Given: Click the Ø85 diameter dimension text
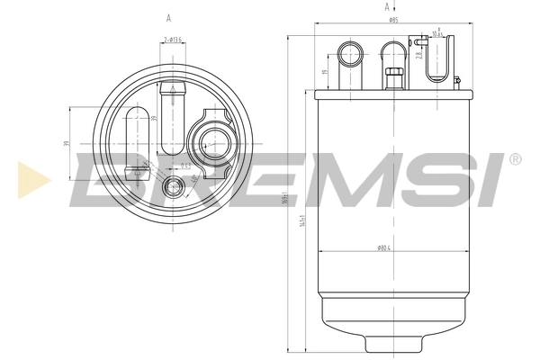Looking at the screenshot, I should pyautogui.click(x=394, y=20).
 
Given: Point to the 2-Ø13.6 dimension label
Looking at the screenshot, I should pyautogui.click(x=173, y=40).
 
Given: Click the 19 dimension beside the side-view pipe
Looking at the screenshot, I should pyautogui.click(x=325, y=74).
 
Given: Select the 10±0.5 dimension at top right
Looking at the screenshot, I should pyautogui.click(x=438, y=33).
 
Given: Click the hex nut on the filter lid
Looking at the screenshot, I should pyautogui.click(x=392, y=76).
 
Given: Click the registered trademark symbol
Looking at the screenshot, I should pyautogui.click(x=515, y=159).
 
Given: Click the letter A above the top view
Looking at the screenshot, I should pyautogui.click(x=168, y=17).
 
